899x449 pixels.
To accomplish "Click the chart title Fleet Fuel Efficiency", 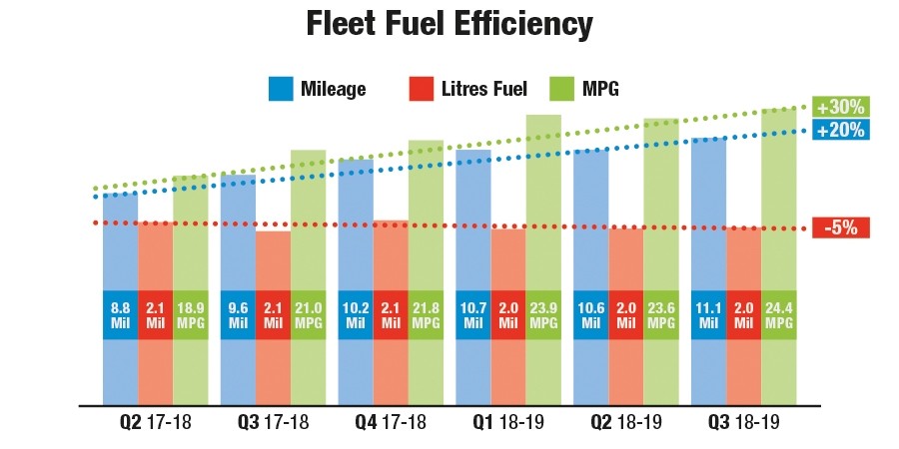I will point(449,24).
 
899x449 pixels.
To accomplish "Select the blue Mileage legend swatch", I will point(281,89).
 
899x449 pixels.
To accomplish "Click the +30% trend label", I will point(839,107).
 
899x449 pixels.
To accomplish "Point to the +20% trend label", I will point(839,129).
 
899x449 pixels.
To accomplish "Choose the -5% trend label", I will point(840,227).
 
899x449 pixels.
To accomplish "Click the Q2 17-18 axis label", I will point(155,423).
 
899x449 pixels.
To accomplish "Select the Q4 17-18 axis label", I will point(391,423).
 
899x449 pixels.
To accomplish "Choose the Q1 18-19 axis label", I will point(508,423).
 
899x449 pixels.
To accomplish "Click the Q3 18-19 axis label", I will point(744,423).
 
